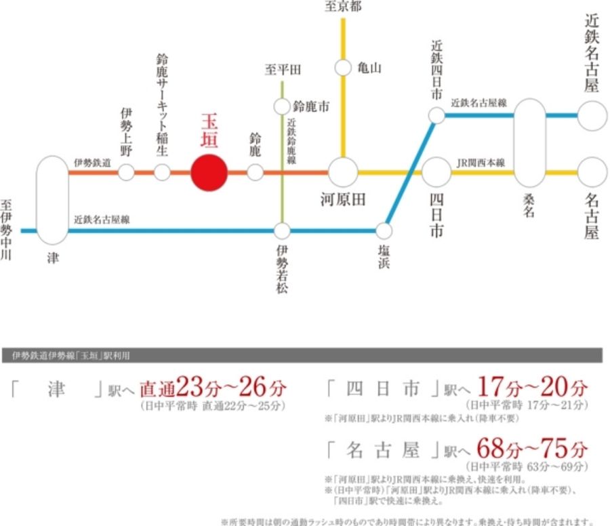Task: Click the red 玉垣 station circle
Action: click(209, 173)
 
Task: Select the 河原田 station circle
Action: click(344, 172)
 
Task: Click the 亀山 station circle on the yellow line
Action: click(344, 68)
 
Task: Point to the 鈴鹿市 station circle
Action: click(282, 106)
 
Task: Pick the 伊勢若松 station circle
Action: click(282, 230)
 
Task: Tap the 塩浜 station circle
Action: click(384, 230)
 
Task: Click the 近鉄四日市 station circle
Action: click(436, 116)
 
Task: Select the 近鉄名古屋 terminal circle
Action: click(592, 115)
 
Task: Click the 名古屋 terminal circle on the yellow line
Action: click(592, 172)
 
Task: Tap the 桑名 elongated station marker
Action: click(529, 143)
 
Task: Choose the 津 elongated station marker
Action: click(53, 200)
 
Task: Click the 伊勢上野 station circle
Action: click(126, 172)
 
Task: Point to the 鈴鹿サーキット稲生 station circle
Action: click(162, 172)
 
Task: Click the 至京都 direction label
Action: click(344, 7)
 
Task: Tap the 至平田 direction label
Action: click(283, 70)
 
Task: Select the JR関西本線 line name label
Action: click(481, 163)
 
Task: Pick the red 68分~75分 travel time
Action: click(532, 449)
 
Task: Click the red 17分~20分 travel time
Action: click(532, 388)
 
